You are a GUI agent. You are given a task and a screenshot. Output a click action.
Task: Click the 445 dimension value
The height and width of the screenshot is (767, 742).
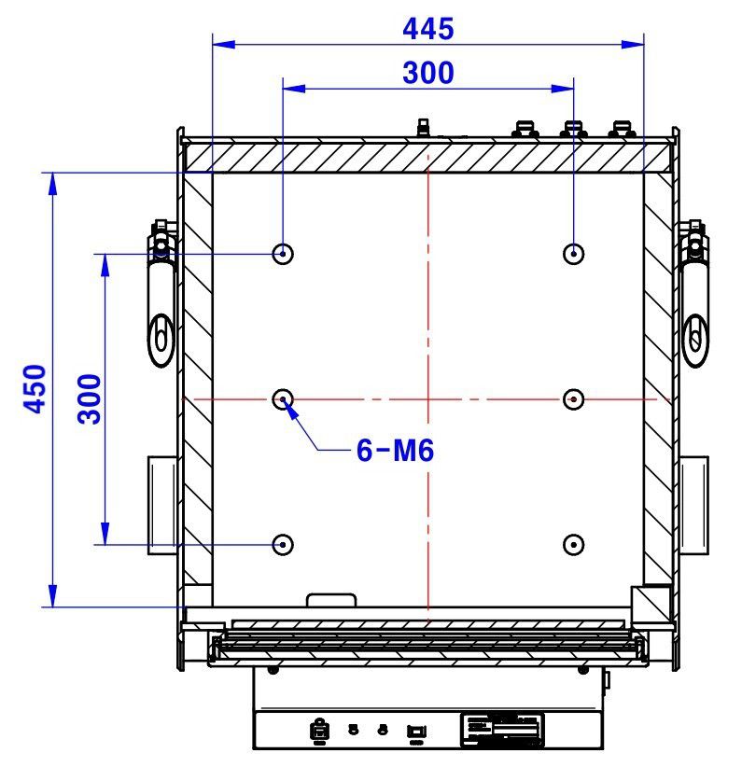(427, 29)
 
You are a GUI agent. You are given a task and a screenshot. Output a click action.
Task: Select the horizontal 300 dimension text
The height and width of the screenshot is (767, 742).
(427, 73)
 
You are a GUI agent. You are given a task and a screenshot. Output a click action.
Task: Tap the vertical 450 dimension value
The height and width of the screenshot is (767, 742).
(35, 388)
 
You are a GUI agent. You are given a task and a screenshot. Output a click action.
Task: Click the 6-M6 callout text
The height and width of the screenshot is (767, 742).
(395, 451)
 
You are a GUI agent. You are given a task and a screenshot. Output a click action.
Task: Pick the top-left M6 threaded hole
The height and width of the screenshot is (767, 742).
(283, 253)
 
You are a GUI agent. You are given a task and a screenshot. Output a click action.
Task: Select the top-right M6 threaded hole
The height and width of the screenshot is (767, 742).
(574, 253)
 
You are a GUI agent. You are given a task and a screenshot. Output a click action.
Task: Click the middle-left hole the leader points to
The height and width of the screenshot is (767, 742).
(283, 399)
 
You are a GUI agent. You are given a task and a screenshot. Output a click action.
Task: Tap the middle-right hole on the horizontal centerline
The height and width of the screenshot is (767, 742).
(574, 399)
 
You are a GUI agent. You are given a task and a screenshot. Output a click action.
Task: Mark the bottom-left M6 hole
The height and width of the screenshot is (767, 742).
(283, 544)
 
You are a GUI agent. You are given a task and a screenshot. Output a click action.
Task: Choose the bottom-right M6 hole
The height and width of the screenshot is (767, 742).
(574, 544)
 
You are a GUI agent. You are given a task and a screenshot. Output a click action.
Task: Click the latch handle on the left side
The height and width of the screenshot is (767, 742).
(161, 299)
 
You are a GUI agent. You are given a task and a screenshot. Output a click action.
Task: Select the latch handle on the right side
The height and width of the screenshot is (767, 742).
(694, 299)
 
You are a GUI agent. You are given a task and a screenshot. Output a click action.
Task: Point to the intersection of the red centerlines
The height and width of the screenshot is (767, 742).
(427, 399)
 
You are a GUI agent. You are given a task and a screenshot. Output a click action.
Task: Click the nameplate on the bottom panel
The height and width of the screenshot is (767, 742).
(502, 728)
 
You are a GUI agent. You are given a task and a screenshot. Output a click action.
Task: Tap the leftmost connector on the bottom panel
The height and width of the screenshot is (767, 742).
(319, 731)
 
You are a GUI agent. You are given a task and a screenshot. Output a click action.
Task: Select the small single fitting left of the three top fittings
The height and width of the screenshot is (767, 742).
(423, 128)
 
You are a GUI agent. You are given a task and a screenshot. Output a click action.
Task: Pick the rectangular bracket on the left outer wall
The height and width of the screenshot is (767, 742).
(161, 504)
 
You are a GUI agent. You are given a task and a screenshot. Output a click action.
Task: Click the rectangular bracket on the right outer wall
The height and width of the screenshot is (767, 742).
(693, 504)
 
